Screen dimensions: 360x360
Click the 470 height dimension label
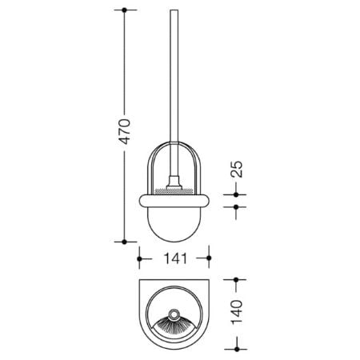tap(126, 132)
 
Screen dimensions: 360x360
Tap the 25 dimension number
tap(237, 170)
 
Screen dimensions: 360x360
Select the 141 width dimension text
tap(175, 258)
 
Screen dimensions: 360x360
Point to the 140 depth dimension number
tap(237, 312)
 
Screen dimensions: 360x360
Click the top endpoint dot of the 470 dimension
tap(124, 10)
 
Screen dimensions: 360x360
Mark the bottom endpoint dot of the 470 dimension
tap(124, 242)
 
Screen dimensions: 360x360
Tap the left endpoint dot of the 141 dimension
tap(139, 258)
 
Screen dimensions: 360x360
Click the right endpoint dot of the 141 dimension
tap(209, 258)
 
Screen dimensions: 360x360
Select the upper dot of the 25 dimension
tap(236, 194)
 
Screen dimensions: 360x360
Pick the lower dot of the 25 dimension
tap(236, 206)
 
